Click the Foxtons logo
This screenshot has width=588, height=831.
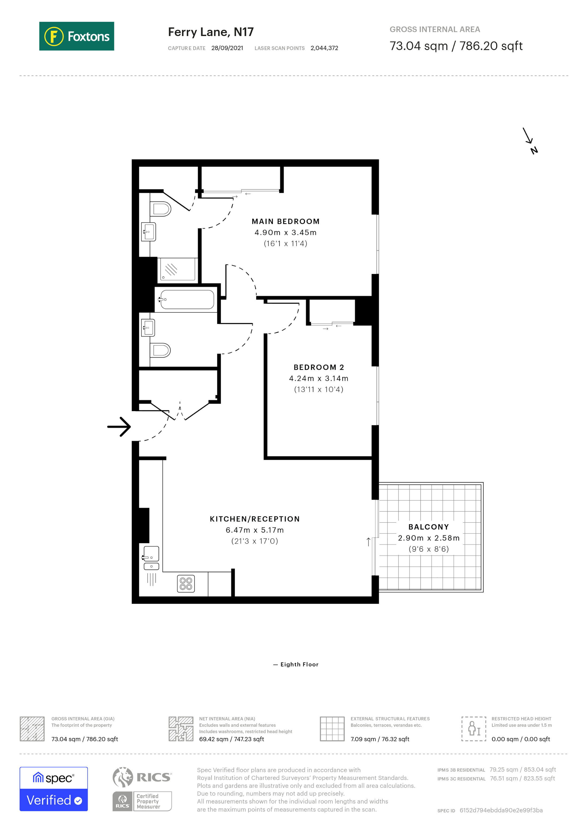pos(76,36)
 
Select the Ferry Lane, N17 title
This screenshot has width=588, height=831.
pos(211,32)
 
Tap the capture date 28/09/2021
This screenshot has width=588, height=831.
pos(227,48)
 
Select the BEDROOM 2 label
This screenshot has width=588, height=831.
pos(319,367)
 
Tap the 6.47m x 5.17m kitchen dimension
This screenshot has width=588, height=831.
pos(254,530)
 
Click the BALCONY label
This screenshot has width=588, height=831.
pos(428,527)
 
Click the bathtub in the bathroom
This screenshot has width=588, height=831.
pos(187,299)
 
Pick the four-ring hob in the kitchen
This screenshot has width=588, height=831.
pos(186,583)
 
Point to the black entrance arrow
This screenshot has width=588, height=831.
pos(119,427)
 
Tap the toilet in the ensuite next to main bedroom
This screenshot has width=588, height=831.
pos(160,209)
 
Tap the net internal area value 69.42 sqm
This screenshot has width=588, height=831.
pos(231,739)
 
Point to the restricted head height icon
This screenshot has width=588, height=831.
pos(474,729)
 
